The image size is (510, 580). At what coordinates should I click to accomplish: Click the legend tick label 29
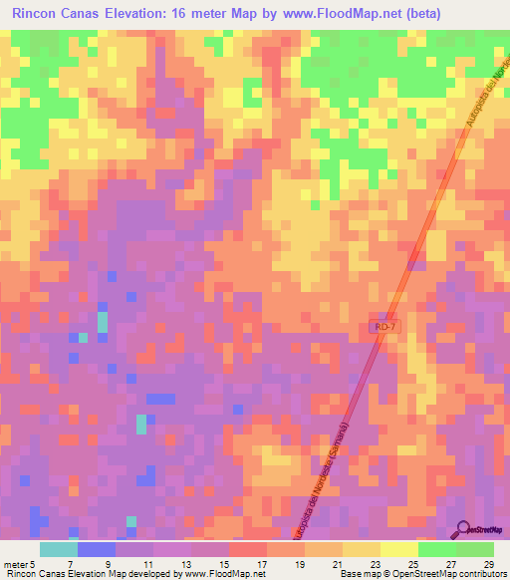pos(487,563)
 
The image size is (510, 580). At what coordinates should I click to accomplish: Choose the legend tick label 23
pos(374,563)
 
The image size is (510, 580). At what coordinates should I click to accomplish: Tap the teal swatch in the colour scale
pos(58,549)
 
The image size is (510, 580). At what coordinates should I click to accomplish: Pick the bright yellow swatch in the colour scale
pos(398,549)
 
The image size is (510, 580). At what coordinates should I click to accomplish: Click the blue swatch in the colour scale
pos(96,549)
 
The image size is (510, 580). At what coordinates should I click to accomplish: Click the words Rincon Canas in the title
pos(51,15)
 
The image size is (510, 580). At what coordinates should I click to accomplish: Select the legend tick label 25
pos(411,563)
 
